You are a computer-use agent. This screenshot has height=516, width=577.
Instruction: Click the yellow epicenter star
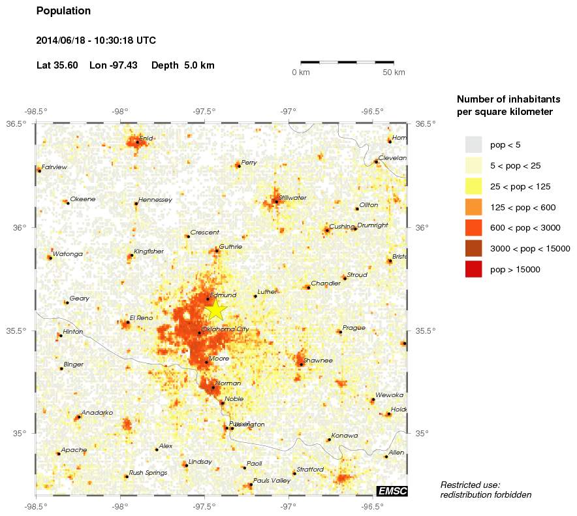click(x=216, y=310)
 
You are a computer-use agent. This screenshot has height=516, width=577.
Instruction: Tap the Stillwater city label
click(x=292, y=197)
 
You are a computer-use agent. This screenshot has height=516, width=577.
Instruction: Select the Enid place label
click(x=146, y=138)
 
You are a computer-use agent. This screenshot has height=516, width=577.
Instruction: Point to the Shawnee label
click(x=318, y=360)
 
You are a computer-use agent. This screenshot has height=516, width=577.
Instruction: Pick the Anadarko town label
click(x=97, y=413)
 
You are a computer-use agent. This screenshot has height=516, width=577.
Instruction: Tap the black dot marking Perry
click(x=239, y=166)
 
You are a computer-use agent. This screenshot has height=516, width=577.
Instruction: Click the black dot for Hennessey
click(x=136, y=204)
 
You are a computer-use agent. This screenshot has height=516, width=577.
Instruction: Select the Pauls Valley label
click(x=272, y=481)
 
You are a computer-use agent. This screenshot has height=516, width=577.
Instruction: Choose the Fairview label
click(x=54, y=167)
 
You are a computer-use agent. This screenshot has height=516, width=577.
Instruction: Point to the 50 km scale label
click(x=394, y=72)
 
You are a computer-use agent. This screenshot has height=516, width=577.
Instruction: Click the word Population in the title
click(x=63, y=11)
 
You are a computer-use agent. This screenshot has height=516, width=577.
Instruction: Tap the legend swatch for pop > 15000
click(x=473, y=268)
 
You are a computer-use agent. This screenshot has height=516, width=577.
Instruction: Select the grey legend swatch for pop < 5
click(x=473, y=144)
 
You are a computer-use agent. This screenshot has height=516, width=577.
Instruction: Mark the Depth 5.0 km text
click(x=183, y=65)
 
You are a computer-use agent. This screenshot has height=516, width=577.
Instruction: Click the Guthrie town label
click(x=230, y=247)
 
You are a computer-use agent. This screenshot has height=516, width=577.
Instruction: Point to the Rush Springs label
click(x=145, y=473)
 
